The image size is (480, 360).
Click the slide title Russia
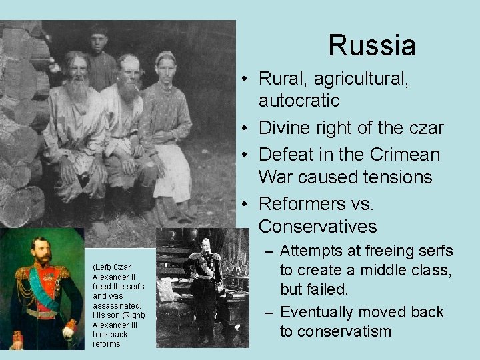coord(372,45)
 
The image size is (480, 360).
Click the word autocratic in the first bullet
coord(299,101)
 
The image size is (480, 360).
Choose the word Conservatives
coord(317,226)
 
